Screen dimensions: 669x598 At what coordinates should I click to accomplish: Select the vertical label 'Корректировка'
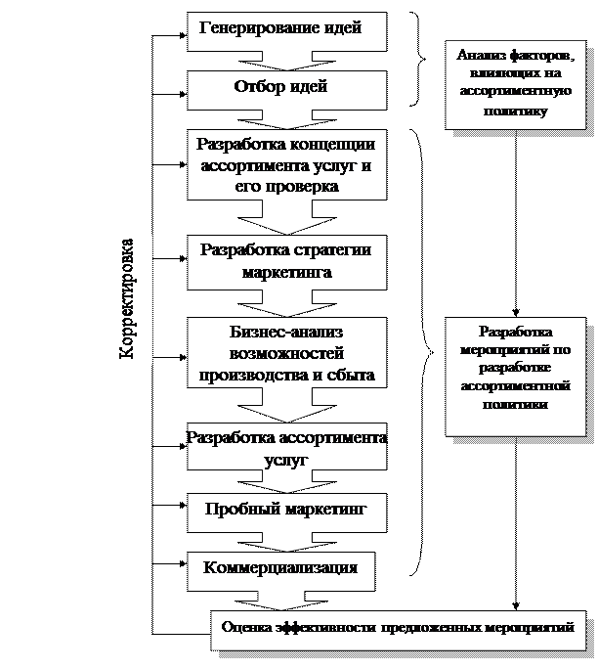point(128,299)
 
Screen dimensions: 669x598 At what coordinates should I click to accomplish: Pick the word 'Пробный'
point(238,510)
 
